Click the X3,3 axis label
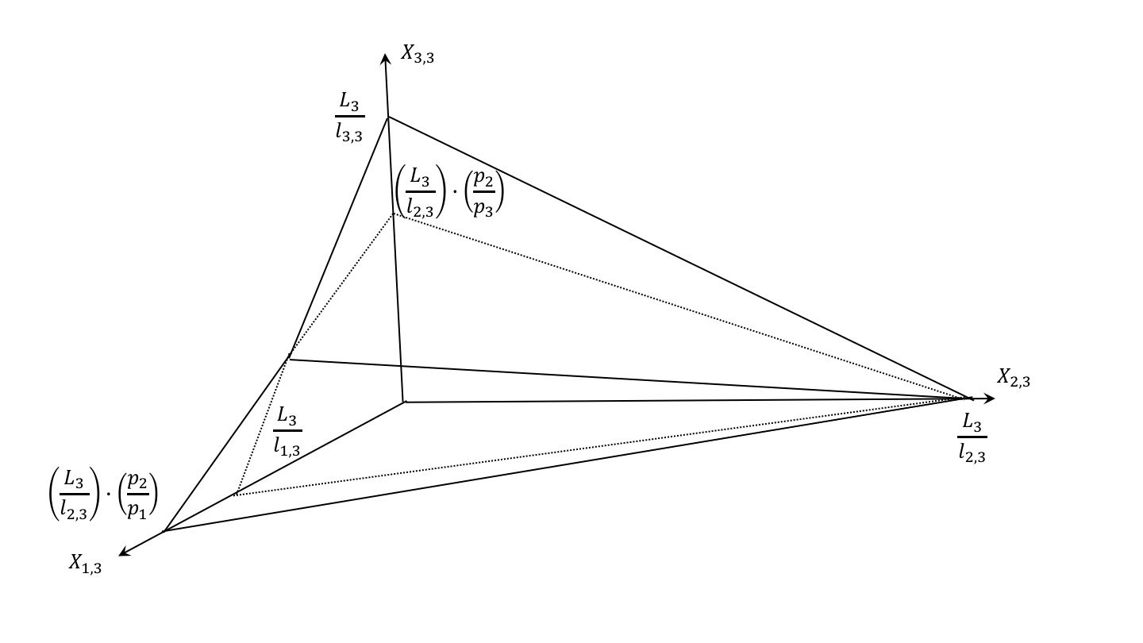(418, 55)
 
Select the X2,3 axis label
(1014, 379)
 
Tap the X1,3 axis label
(85, 564)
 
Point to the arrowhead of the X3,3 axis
(385, 59)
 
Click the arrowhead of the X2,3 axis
(989, 398)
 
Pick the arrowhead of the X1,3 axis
(123, 553)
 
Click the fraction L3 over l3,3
(348, 117)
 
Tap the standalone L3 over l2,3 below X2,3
(972, 437)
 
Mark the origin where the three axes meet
(404, 402)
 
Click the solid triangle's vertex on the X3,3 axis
(388, 117)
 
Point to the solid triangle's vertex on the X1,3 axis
(164, 530)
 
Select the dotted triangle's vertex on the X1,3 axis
(236, 494)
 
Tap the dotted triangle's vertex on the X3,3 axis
(394, 214)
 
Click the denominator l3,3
(348, 135)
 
